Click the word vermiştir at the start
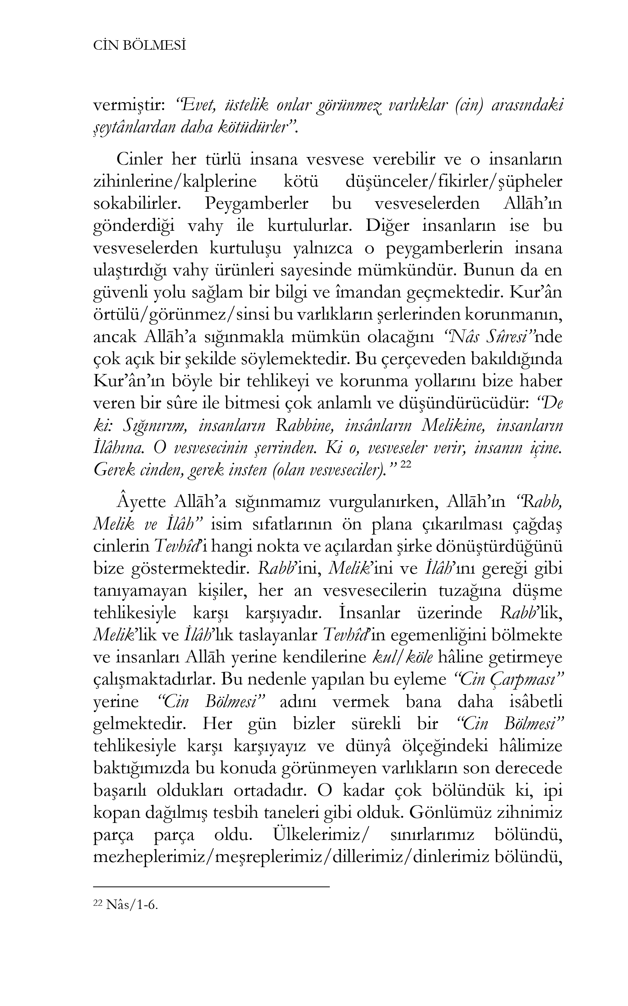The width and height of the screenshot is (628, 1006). coord(129,106)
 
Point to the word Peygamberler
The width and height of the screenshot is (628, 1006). coord(256,204)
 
